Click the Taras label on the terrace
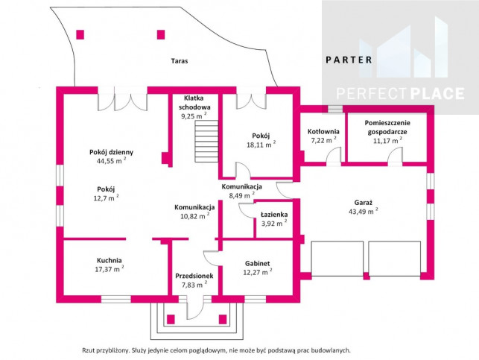pos(180,61)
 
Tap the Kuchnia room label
pos(110,260)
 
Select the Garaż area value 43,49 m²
pos(364,211)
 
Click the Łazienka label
pos(274,215)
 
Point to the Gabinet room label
pos(258,263)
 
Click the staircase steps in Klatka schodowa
pos(206,141)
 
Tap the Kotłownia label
pos(323,132)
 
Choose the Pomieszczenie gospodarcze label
pos(387,127)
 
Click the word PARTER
pos(349,60)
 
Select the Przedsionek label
pos(194,276)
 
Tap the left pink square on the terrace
pos(80,34)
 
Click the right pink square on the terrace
pos(161,34)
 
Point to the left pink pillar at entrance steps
pos(171,319)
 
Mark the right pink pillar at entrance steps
pos(223,319)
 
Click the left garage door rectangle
pos(337,259)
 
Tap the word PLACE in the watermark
pos(437,93)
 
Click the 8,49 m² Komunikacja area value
pos(241,195)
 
